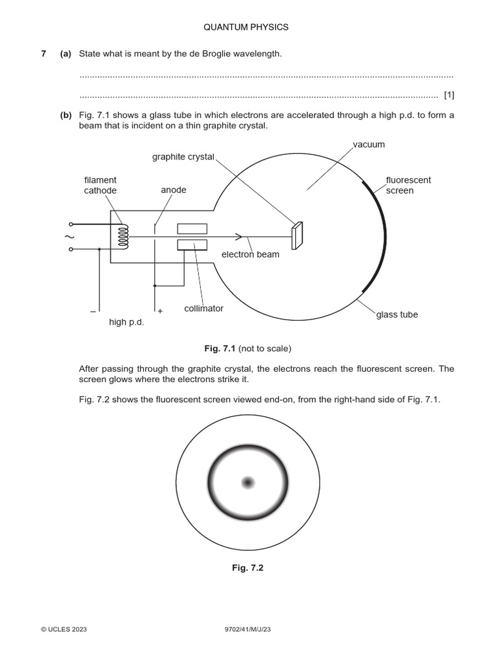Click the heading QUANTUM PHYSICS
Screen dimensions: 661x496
(246, 27)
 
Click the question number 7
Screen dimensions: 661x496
(44, 54)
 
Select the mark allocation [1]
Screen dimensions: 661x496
(449, 96)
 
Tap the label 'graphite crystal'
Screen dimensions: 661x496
(183, 157)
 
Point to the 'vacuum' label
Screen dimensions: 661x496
(368, 145)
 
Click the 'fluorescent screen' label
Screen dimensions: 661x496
(408, 185)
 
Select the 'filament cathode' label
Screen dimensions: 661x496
(100, 185)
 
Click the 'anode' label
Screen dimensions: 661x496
(173, 190)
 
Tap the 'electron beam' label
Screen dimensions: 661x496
(250, 254)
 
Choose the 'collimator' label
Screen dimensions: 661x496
(203, 309)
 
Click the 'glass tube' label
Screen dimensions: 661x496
(397, 314)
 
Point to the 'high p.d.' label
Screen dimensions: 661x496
(126, 321)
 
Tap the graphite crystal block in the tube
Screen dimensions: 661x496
(297, 236)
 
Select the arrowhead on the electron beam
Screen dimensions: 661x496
(239, 237)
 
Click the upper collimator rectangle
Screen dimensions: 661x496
(192, 229)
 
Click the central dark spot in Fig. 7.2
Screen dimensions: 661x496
(248, 482)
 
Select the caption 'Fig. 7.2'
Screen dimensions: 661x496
(248, 568)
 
